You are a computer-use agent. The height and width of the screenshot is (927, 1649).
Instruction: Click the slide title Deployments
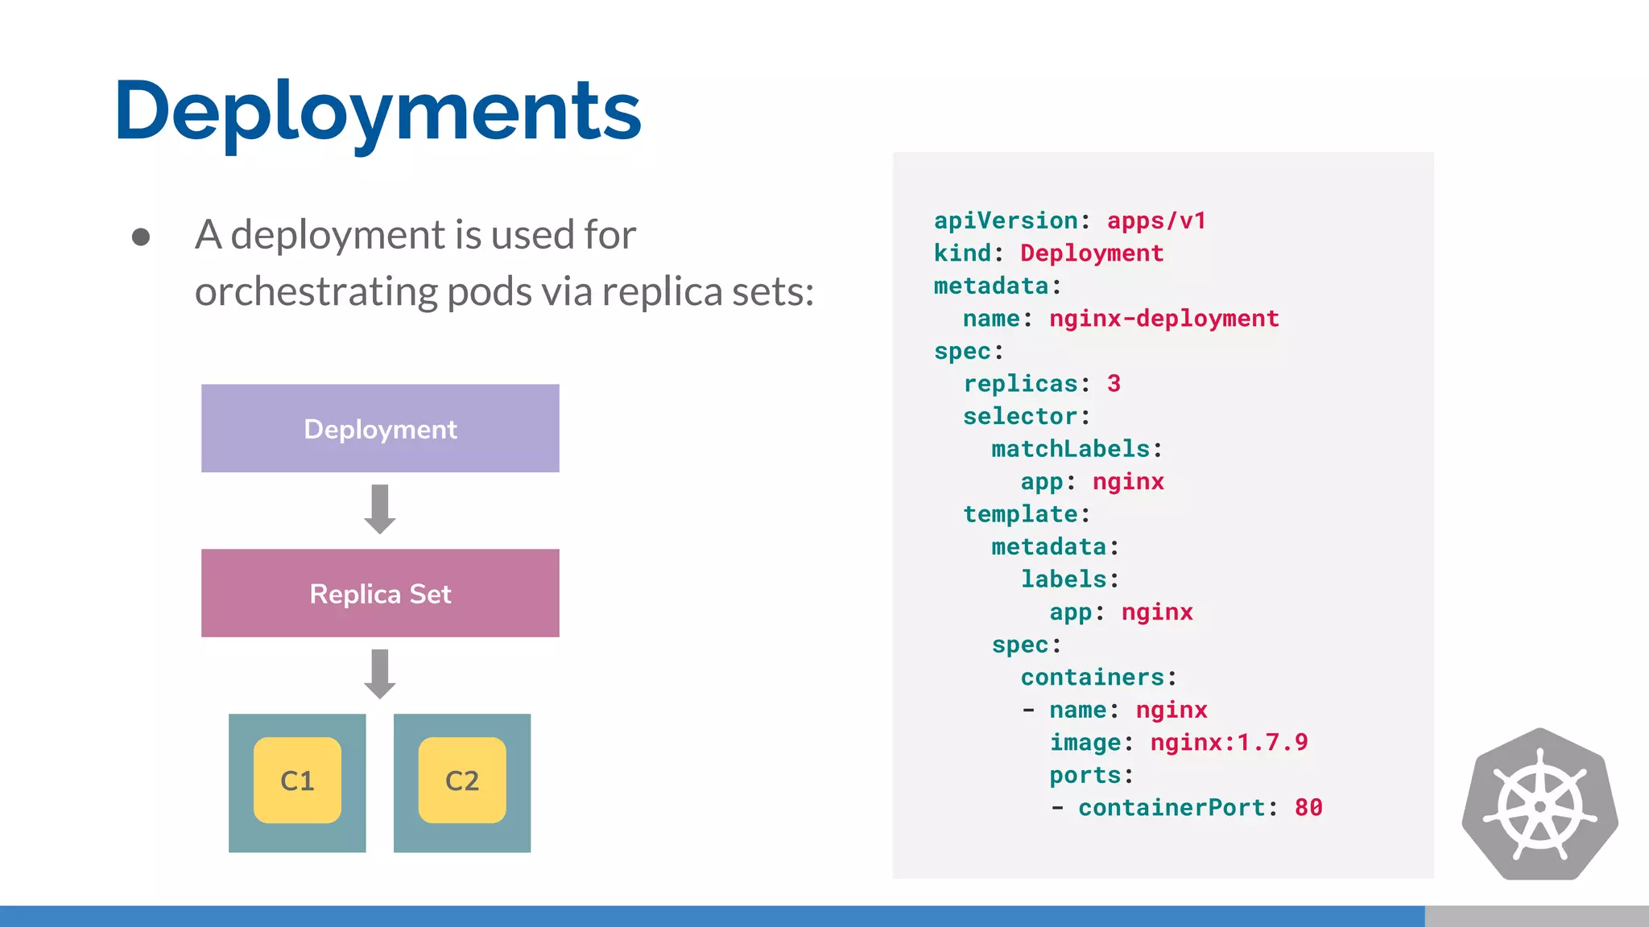(x=378, y=111)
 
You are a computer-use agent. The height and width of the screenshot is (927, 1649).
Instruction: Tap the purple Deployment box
(x=380, y=428)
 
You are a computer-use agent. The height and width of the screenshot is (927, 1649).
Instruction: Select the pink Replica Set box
(x=380, y=593)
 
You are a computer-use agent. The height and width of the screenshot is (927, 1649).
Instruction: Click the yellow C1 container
(x=297, y=780)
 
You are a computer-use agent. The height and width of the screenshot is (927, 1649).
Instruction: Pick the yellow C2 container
(x=462, y=780)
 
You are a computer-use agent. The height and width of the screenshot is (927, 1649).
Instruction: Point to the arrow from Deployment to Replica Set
(x=380, y=509)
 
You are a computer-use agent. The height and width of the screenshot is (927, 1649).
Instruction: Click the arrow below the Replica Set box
(x=380, y=674)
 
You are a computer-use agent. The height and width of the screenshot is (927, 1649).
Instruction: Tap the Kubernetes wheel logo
(x=1539, y=805)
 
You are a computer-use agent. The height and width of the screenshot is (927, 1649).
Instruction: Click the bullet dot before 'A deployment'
(x=141, y=237)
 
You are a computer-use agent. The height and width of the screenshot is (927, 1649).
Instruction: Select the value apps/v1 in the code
(x=1156, y=220)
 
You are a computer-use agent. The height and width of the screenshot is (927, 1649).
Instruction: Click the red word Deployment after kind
(x=1092, y=253)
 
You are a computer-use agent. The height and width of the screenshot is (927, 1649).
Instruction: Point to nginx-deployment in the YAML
(x=1163, y=319)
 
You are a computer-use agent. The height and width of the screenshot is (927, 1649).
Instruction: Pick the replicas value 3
(x=1114, y=383)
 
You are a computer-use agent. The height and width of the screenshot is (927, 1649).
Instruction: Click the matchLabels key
(x=1071, y=448)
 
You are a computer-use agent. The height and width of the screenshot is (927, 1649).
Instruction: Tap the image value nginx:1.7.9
(x=1229, y=742)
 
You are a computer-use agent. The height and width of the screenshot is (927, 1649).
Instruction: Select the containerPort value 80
(x=1308, y=807)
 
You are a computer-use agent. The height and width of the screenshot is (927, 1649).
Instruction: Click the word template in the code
(x=1020, y=513)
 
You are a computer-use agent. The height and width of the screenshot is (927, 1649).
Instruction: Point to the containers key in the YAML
(x=1093, y=677)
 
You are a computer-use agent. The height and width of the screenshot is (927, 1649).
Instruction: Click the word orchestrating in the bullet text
(x=315, y=291)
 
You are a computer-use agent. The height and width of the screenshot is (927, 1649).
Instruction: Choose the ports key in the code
(x=1085, y=775)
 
